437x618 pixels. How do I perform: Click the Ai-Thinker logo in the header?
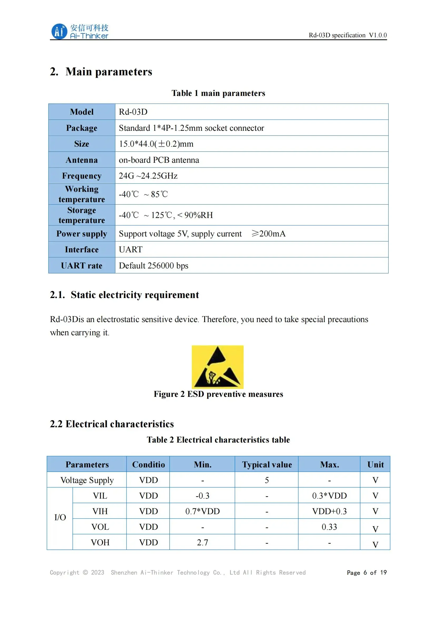[80, 31]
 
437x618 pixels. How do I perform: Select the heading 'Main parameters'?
[109, 72]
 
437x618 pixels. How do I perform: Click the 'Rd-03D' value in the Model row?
[133, 112]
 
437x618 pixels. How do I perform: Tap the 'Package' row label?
[82, 128]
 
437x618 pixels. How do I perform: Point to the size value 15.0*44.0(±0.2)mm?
[156, 144]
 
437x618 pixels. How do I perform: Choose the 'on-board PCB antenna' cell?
[159, 160]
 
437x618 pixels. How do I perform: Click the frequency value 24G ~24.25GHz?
[148, 176]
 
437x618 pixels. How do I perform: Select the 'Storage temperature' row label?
[82, 215]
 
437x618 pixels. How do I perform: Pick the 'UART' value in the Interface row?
[131, 249]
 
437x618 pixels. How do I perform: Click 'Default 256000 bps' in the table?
[154, 266]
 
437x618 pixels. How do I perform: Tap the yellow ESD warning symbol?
[217, 367]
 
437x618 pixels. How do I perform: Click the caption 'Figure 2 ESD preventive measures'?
[218, 394]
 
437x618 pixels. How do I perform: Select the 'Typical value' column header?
[267, 464]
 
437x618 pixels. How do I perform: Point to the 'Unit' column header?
[375, 464]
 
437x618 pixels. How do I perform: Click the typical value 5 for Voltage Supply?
[267, 480]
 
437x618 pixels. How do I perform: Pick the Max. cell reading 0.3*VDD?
[329, 496]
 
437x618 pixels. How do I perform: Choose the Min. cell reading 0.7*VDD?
[202, 512]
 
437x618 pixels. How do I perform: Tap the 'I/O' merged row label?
[60, 517]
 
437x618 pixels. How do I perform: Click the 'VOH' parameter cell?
[100, 542]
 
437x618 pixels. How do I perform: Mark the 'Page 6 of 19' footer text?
[366, 573]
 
